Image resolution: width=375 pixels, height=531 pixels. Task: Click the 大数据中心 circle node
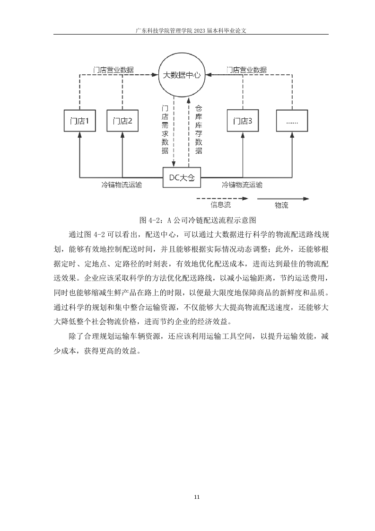click(182, 75)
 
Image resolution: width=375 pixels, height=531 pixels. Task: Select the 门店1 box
click(80, 121)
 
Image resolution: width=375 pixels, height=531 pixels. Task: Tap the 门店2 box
click(122, 121)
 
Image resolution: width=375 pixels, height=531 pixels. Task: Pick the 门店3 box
click(243, 121)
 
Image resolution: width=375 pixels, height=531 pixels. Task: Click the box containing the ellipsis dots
click(292, 121)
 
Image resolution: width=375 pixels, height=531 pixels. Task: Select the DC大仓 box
click(182, 177)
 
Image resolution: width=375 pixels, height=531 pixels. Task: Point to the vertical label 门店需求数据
click(165, 130)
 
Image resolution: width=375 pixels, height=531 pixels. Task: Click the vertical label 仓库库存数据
click(199, 130)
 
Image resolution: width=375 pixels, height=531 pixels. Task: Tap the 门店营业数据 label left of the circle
click(113, 70)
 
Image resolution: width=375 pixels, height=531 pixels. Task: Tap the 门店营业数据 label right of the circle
click(247, 70)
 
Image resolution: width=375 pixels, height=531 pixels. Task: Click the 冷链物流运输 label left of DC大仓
click(122, 185)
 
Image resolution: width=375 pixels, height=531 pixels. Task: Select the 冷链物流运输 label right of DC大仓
click(242, 185)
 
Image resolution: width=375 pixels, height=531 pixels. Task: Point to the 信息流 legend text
click(221, 205)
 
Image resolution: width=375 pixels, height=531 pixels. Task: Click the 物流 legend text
click(281, 205)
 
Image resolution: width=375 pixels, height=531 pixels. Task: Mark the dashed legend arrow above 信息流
click(222, 199)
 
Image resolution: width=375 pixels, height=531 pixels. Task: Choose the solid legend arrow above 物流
click(283, 199)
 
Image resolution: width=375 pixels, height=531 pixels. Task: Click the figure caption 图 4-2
click(198, 221)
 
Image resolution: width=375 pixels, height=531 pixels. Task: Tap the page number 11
click(197, 497)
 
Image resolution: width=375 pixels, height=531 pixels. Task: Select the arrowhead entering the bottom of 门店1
click(80, 134)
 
